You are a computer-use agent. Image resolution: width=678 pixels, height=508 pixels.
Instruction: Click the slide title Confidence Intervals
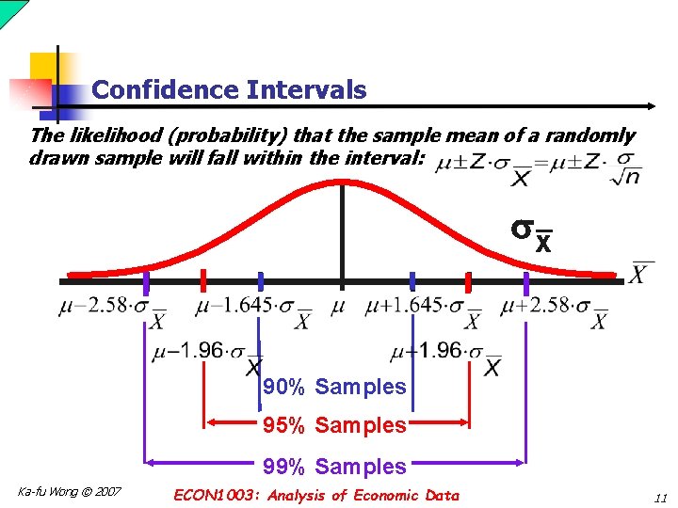point(229,90)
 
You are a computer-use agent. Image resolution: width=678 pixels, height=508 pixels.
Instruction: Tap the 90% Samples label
point(334,387)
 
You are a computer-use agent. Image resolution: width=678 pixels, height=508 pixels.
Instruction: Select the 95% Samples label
point(334,425)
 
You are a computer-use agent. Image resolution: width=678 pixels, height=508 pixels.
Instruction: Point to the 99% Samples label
point(334,467)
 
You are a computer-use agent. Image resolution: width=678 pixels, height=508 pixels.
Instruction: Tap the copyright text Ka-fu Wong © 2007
point(70,492)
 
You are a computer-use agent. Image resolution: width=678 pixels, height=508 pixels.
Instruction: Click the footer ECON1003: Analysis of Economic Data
point(316,496)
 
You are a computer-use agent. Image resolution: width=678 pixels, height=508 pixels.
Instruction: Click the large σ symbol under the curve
point(524,230)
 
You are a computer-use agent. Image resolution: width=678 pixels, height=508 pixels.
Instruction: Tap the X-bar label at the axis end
point(642,274)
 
